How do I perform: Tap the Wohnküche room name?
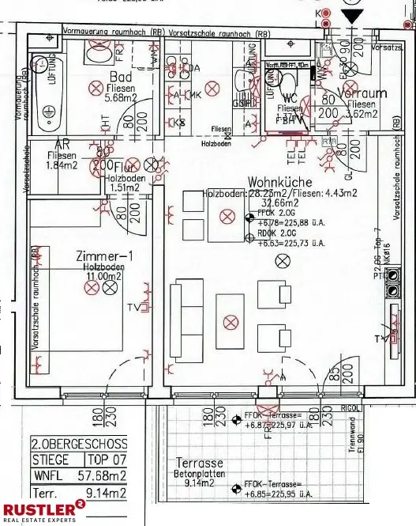pos(281,181)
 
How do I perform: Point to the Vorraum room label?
pos(362,93)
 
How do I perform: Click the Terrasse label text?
pos(199,462)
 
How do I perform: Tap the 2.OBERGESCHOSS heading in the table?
pos(79,443)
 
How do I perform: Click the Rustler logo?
pos(39,512)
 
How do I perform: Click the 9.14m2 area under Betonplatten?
pos(200,482)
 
